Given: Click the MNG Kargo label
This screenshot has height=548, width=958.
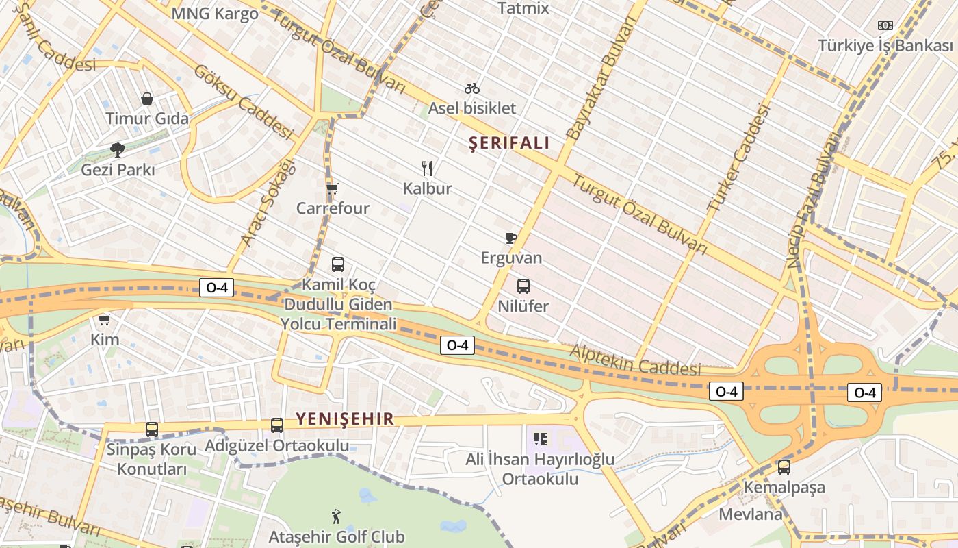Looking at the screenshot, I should point(215,14).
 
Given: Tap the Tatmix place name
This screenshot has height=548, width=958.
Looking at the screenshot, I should point(523,8).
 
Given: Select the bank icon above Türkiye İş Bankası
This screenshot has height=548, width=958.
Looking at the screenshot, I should point(885,25).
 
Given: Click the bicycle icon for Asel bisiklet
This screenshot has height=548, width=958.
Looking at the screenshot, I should point(472,88).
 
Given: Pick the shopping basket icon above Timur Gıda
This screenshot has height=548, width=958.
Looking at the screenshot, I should point(147,99).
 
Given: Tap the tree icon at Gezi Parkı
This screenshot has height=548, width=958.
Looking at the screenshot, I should point(118,149).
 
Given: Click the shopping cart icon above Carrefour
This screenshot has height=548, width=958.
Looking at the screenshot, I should point(333,188).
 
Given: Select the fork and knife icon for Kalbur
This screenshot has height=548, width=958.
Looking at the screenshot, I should point(427,168).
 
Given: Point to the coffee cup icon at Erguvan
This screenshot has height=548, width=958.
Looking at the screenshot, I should point(510,238).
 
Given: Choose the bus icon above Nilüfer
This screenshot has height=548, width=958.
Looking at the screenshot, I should point(523,286).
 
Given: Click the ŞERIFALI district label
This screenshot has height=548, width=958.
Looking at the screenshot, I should point(509,143).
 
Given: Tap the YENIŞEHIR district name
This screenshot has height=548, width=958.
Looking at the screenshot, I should point(345,419).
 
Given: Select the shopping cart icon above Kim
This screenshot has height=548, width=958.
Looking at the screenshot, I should point(105,319).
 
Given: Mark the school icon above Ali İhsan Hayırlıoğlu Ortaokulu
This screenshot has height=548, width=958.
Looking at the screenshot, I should point(541,438).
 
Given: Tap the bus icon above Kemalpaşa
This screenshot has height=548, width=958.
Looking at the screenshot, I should point(784,467).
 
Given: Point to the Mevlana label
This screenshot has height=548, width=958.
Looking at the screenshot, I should point(751,514).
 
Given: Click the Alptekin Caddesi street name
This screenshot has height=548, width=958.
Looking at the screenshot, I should point(636,360).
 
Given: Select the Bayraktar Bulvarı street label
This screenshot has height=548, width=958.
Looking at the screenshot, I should point(598,79).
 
